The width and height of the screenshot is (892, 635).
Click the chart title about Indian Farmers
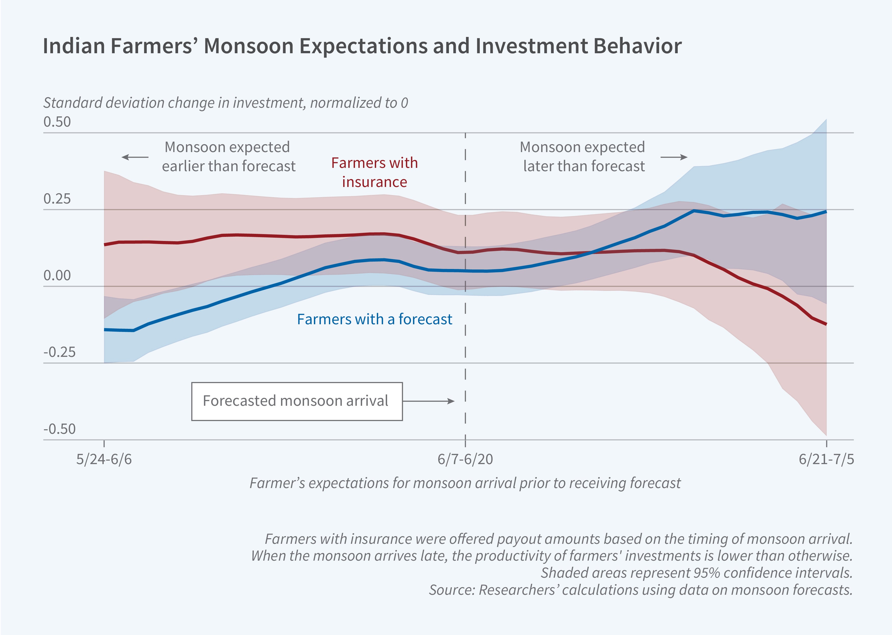point(362,46)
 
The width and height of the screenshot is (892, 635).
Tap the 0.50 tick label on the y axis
point(57,122)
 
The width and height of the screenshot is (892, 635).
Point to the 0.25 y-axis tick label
point(57,199)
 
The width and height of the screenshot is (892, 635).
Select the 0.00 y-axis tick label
point(57,276)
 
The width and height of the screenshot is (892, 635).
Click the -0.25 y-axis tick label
point(59,352)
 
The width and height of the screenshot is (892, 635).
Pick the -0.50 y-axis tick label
point(59,429)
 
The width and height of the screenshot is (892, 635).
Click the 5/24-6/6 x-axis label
point(104,459)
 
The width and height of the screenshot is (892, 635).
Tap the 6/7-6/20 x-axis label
point(465,459)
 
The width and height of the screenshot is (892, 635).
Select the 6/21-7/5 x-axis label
point(826,459)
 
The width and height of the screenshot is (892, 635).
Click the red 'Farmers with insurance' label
point(374,172)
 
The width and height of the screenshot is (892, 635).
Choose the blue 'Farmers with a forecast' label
point(374,319)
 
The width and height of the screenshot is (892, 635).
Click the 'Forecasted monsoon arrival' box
point(297,401)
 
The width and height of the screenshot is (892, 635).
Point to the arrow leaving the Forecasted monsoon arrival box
point(429,401)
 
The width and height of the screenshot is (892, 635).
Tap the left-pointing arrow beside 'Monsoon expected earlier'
point(135,157)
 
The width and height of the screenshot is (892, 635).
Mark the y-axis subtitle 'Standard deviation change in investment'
point(226,103)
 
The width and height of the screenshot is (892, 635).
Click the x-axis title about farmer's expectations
point(465,483)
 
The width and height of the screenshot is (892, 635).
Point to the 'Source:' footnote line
point(640,590)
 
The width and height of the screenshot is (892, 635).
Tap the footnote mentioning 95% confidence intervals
point(696,573)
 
